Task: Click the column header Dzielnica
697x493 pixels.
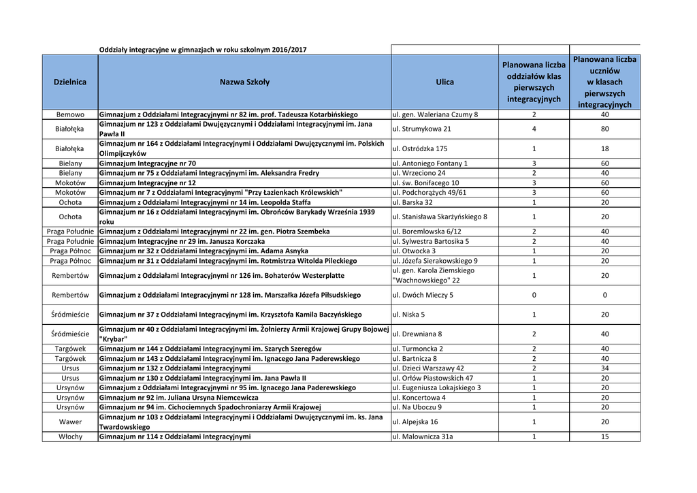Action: [70, 82]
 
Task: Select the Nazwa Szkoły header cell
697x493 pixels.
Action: [244, 82]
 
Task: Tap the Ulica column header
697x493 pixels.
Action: [444, 82]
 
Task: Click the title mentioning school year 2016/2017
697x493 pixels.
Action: [203, 50]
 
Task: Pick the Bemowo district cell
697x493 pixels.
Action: [70, 114]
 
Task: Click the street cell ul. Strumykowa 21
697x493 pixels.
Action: [422, 129]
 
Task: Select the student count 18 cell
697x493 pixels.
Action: [604, 148]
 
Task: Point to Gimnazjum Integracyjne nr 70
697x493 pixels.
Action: [148, 163]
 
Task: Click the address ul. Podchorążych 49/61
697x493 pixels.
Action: [430, 193]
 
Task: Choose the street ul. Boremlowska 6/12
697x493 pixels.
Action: [427, 232]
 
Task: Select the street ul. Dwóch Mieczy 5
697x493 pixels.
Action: [423, 295]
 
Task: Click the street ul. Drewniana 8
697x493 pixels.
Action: [417, 334]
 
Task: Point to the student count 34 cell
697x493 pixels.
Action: [604, 368]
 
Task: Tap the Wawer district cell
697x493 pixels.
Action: [70, 422]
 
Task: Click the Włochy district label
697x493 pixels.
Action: [70, 436]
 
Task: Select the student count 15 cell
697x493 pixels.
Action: [604, 436]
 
